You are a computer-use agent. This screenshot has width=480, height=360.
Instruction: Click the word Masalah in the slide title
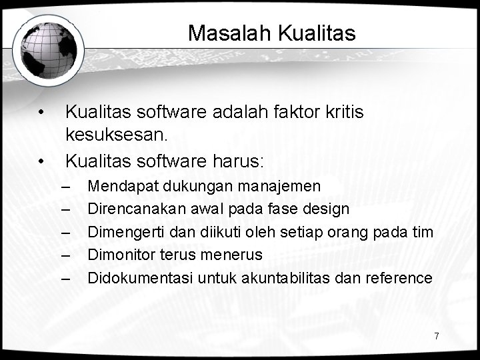pos(218,33)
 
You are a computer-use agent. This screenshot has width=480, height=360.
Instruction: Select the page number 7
pos(437,335)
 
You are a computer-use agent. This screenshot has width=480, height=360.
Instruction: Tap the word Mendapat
pos(119,185)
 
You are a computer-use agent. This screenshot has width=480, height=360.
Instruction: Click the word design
pos(326,209)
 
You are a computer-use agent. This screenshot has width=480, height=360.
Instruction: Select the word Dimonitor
pos(120,255)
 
